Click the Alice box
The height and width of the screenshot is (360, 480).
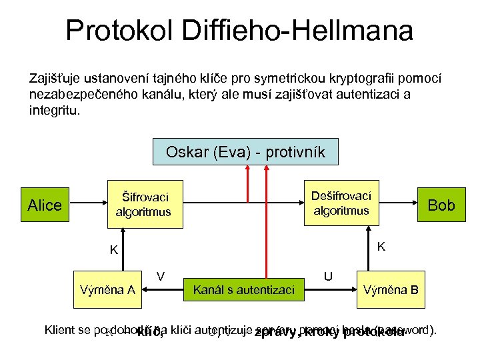(45, 205)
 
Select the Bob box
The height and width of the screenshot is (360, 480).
(441, 205)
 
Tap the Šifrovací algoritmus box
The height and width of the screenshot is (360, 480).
(143, 205)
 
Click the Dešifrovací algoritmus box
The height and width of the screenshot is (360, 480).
(341, 203)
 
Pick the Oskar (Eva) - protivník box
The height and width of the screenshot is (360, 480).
(245, 152)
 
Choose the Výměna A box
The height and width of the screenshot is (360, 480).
(107, 289)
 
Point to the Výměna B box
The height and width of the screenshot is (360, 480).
(391, 289)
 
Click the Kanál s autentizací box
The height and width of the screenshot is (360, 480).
(243, 289)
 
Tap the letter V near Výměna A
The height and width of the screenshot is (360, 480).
(161, 275)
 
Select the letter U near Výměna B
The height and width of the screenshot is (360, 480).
(328, 275)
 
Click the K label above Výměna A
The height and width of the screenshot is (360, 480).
(114, 251)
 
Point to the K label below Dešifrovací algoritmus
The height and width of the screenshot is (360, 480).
(381, 247)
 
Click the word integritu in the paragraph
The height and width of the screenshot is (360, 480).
(54, 109)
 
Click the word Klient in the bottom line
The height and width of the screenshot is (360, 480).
(58, 329)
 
